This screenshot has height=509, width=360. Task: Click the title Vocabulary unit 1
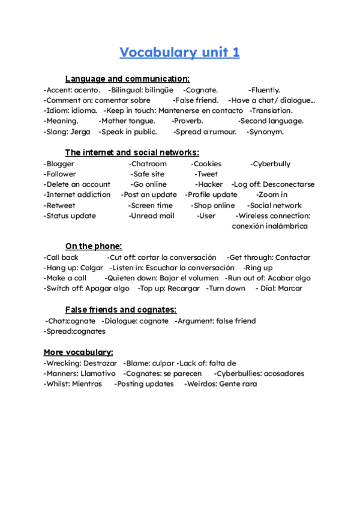point(179,53)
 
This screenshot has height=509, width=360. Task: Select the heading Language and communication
point(127,79)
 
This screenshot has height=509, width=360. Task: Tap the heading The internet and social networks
point(132,152)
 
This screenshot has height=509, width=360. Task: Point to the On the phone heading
point(94,246)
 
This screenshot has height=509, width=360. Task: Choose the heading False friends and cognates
point(121,310)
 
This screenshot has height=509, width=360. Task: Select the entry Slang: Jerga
point(67,131)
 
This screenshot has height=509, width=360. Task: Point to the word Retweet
point(59,205)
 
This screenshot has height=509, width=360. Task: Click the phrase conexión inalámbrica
point(269,226)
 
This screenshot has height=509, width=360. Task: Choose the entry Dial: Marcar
point(279,288)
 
